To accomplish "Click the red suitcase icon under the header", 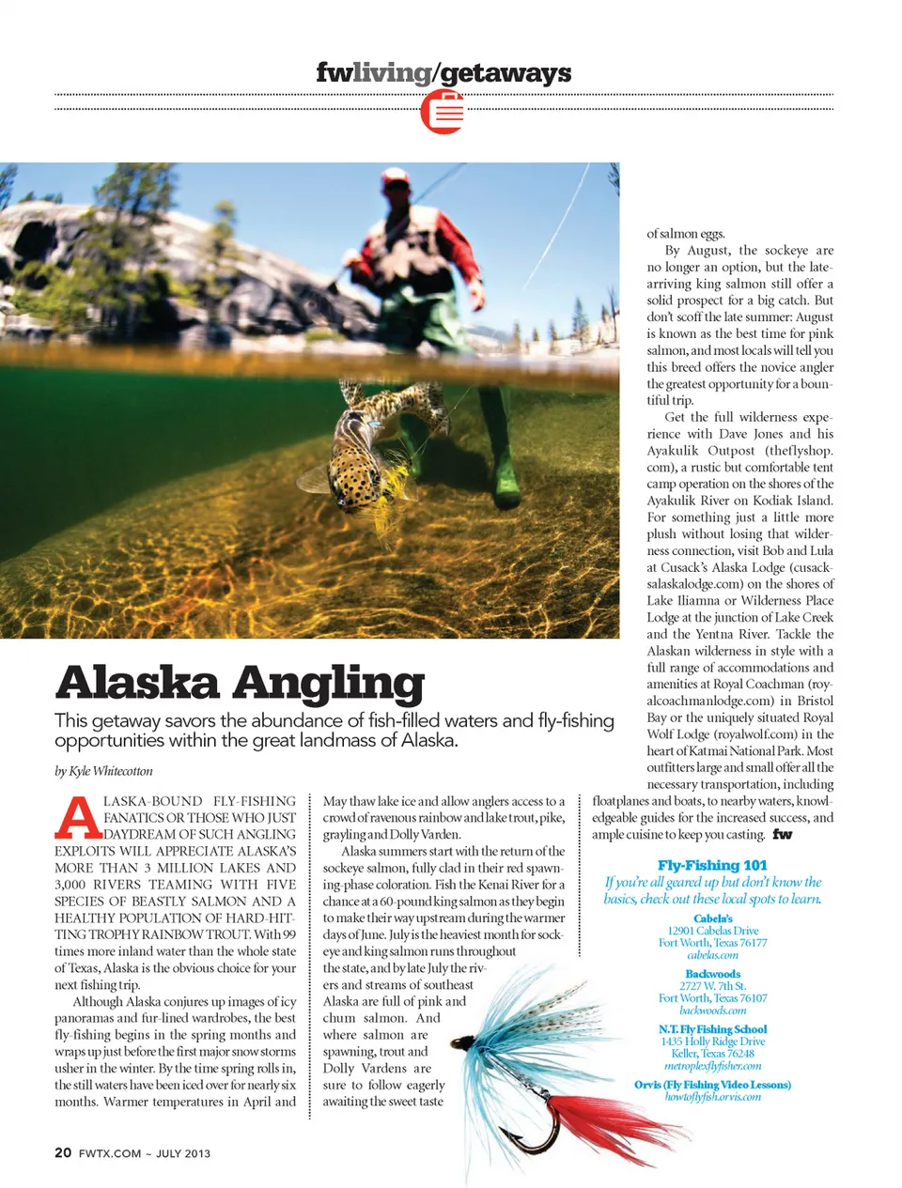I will tap(443, 112).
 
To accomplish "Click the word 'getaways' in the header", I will tap(505, 72).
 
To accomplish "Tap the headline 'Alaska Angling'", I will tap(240, 683).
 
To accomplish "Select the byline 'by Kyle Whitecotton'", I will tap(103, 771).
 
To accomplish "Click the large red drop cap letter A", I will tap(77, 818).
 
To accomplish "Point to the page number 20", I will tap(63, 1152).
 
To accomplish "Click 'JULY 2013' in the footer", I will tap(183, 1153).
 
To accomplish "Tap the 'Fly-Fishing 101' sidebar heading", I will tap(712, 865).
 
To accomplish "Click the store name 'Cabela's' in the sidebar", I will tap(713, 918).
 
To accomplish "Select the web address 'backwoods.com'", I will tap(713, 1011).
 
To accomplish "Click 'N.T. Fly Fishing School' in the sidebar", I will tap(713, 1029).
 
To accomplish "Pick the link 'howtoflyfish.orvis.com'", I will tap(713, 1096).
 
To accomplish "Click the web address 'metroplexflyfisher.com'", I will tap(713, 1066).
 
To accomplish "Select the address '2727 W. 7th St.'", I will tap(713, 986).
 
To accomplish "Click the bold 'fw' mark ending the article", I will tap(782, 834).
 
